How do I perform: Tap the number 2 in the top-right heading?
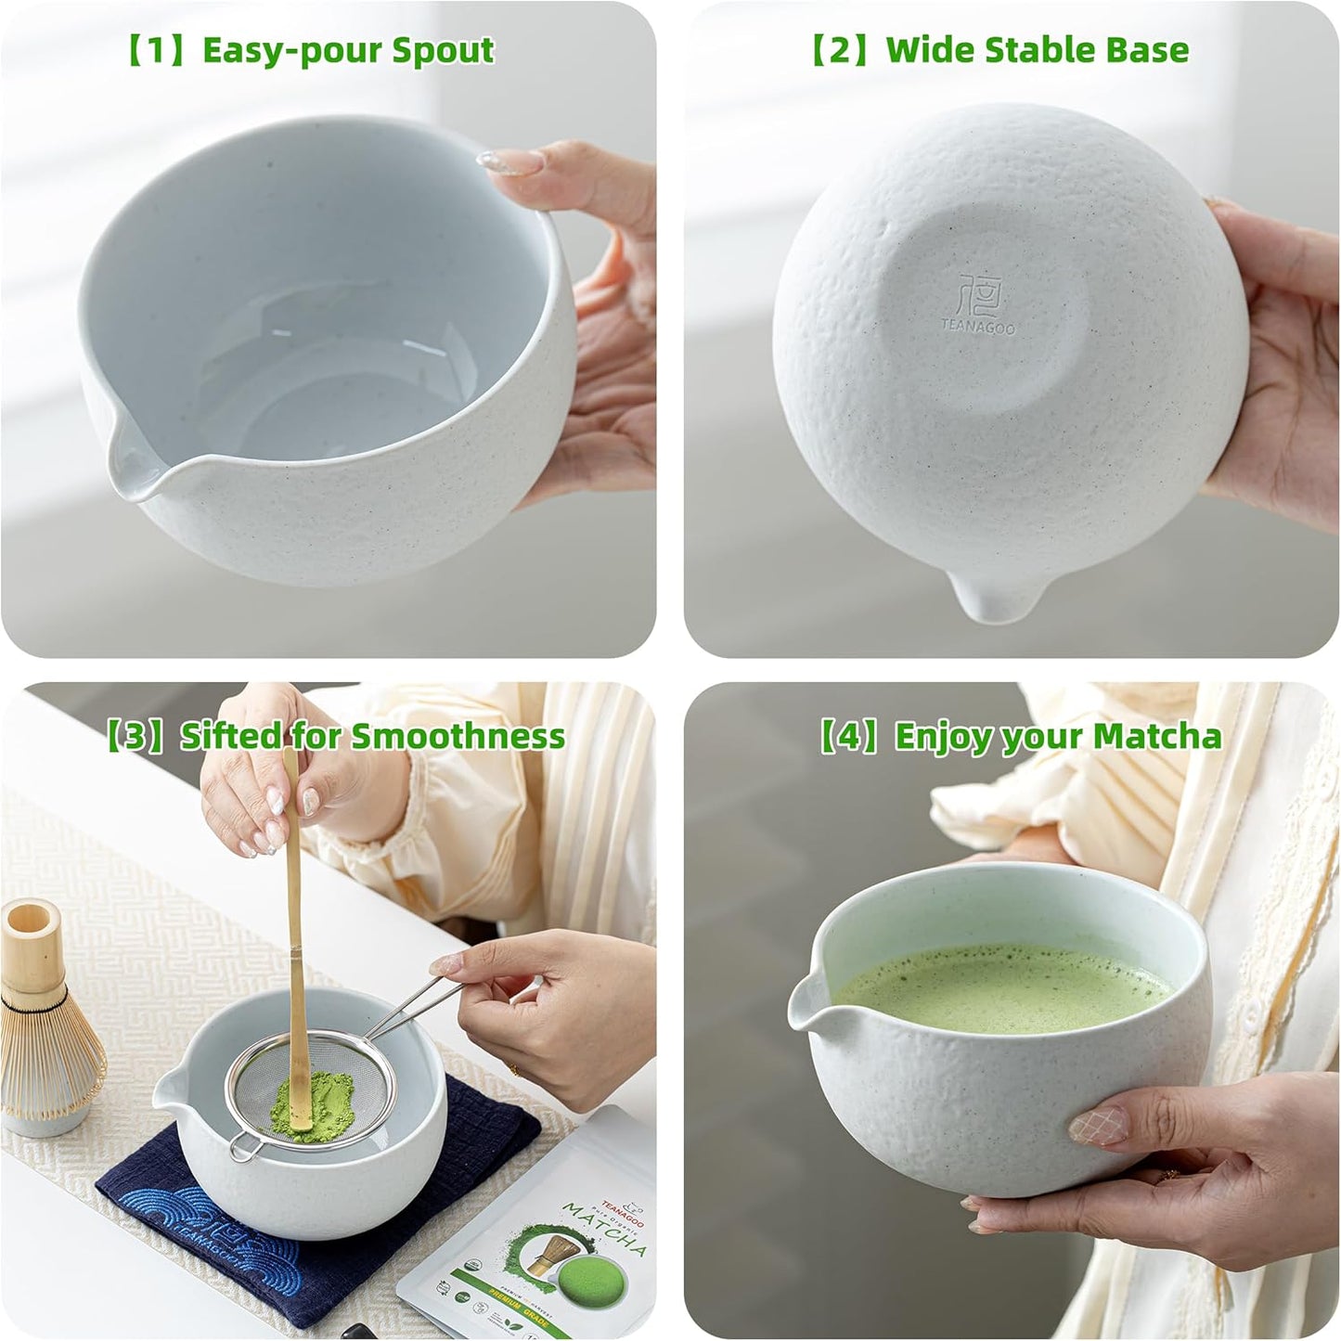click(x=839, y=50)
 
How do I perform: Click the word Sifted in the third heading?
click(x=231, y=736)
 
